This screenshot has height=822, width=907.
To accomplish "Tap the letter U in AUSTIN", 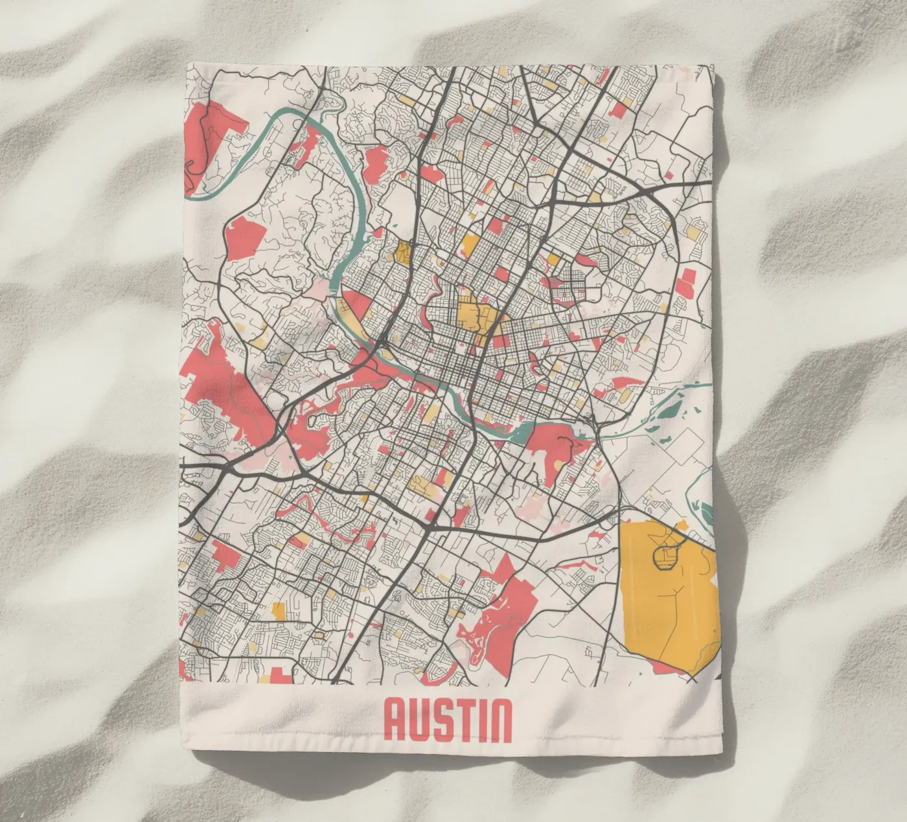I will pos(424,721).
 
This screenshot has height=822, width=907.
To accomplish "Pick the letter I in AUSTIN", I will pos(488,721).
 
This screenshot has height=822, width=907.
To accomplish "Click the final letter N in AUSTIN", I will pos(503,721).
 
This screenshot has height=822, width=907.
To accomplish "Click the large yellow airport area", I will pos(667,596).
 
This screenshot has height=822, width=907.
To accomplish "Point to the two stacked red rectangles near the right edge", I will pos(685,284).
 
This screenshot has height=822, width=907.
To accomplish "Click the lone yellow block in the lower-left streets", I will pos(279,610).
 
